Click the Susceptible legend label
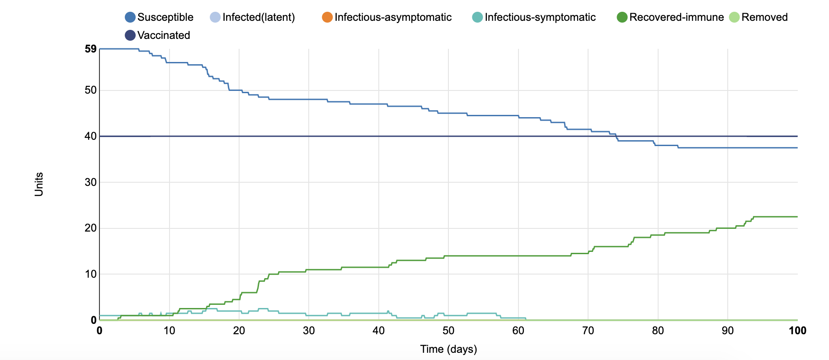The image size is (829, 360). click(x=165, y=17)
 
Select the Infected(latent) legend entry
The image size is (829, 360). click(x=258, y=17)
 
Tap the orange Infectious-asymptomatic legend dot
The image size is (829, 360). click(x=327, y=17)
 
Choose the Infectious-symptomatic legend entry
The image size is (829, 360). click(x=540, y=17)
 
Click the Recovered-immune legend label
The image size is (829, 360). click(x=676, y=17)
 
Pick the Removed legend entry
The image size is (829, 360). click(x=764, y=17)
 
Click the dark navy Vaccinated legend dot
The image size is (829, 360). click(x=130, y=35)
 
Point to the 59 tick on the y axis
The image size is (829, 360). click(x=90, y=49)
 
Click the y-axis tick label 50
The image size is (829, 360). click(x=90, y=90)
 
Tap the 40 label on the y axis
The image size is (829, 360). click(x=90, y=136)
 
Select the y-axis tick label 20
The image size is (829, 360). click(x=90, y=228)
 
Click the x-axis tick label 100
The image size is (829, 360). click(x=797, y=331)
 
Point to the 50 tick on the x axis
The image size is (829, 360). click(x=448, y=331)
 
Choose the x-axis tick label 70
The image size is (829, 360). click(x=588, y=331)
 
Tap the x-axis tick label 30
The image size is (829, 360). click(x=309, y=331)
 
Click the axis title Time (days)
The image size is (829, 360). click(x=448, y=349)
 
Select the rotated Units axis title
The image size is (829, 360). click(x=39, y=184)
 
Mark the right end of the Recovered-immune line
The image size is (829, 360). click(x=797, y=217)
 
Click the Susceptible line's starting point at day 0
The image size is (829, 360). click(x=99, y=49)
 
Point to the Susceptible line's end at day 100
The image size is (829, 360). click(x=797, y=148)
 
